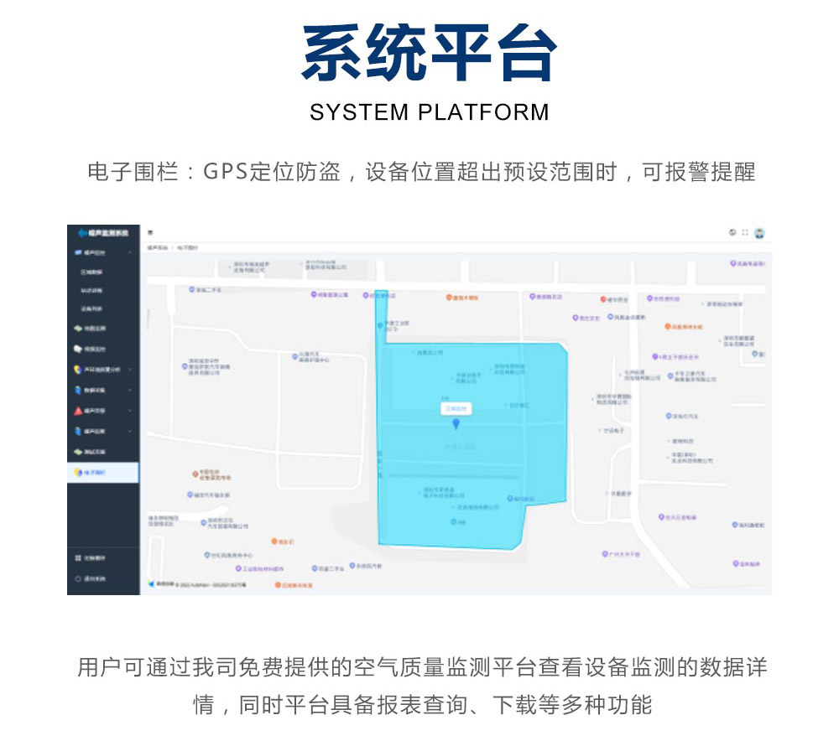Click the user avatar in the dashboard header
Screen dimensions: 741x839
(x=759, y=233)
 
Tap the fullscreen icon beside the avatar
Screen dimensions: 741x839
(x=744, y=233)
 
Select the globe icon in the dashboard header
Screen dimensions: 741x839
(x=732, y=233)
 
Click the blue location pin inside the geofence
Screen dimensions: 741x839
(x=456, y=426)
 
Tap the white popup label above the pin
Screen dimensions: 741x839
(x=456, y=408)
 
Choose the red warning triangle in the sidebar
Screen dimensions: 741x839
(x=78, y=411)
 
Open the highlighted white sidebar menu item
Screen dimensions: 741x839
(x=103, y=473)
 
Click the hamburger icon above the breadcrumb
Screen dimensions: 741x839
(x=150, y=232)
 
